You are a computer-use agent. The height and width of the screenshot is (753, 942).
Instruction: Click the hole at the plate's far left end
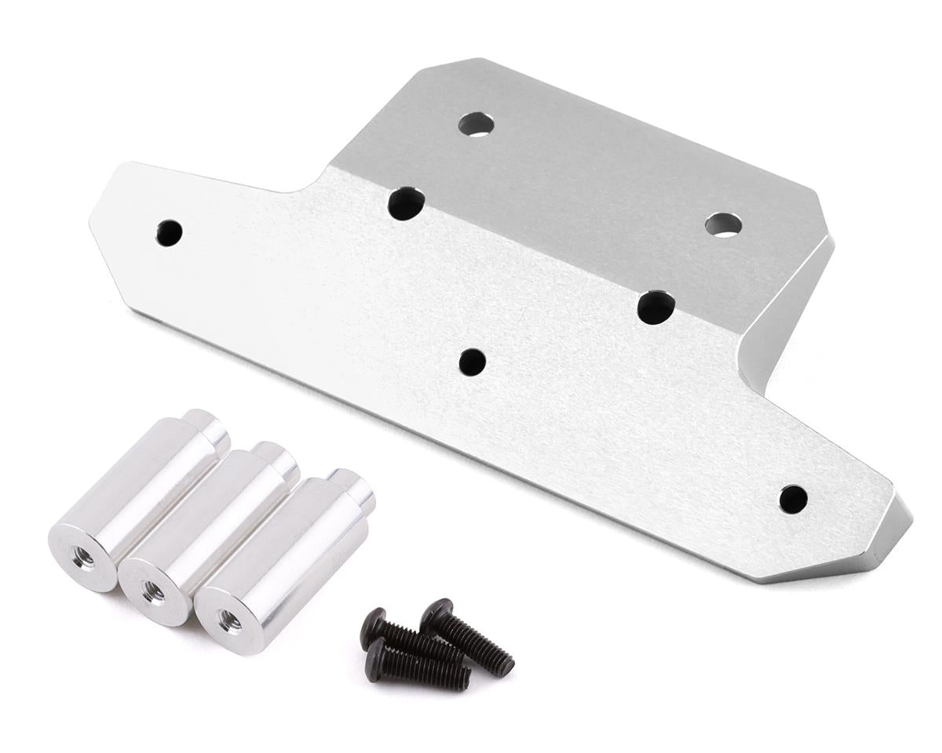tap(169, 232)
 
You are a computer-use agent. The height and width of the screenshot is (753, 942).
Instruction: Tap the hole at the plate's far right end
tap(793, 499)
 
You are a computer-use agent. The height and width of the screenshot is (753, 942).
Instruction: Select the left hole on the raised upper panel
tap(476, 124)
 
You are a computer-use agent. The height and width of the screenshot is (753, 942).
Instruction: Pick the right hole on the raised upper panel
tap(723, 225)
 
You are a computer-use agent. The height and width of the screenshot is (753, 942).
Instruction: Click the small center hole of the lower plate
tap(472, 362)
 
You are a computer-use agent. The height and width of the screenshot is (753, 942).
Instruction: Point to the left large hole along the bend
tap(406, 203)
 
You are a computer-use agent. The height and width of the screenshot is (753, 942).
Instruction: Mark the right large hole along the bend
tap(655, 307)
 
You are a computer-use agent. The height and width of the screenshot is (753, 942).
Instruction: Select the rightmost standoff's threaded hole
tap(229, 619)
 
